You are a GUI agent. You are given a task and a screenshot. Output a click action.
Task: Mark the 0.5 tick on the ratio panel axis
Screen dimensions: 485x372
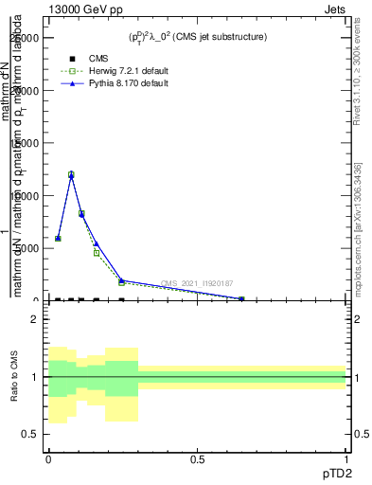(x=31, y=434)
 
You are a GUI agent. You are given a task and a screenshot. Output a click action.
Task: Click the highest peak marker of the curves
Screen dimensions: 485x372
(x=71, y=174)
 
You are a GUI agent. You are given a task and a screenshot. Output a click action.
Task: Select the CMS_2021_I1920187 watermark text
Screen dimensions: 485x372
(x=197, y=282)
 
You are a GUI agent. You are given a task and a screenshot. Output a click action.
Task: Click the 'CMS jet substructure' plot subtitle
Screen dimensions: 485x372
(x=198, y=37)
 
